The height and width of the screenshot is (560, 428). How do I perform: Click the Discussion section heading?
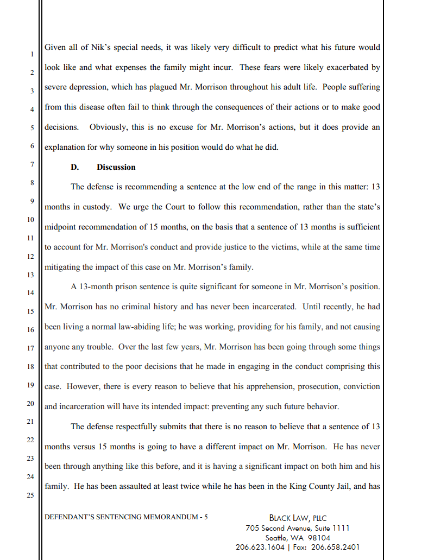[116, 167]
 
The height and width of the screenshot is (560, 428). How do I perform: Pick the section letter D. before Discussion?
[75, 167]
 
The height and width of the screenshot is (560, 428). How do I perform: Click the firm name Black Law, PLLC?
[298, 518]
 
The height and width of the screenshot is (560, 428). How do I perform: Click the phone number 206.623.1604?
[260, 547]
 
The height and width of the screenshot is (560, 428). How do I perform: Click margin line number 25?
[30, 495]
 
